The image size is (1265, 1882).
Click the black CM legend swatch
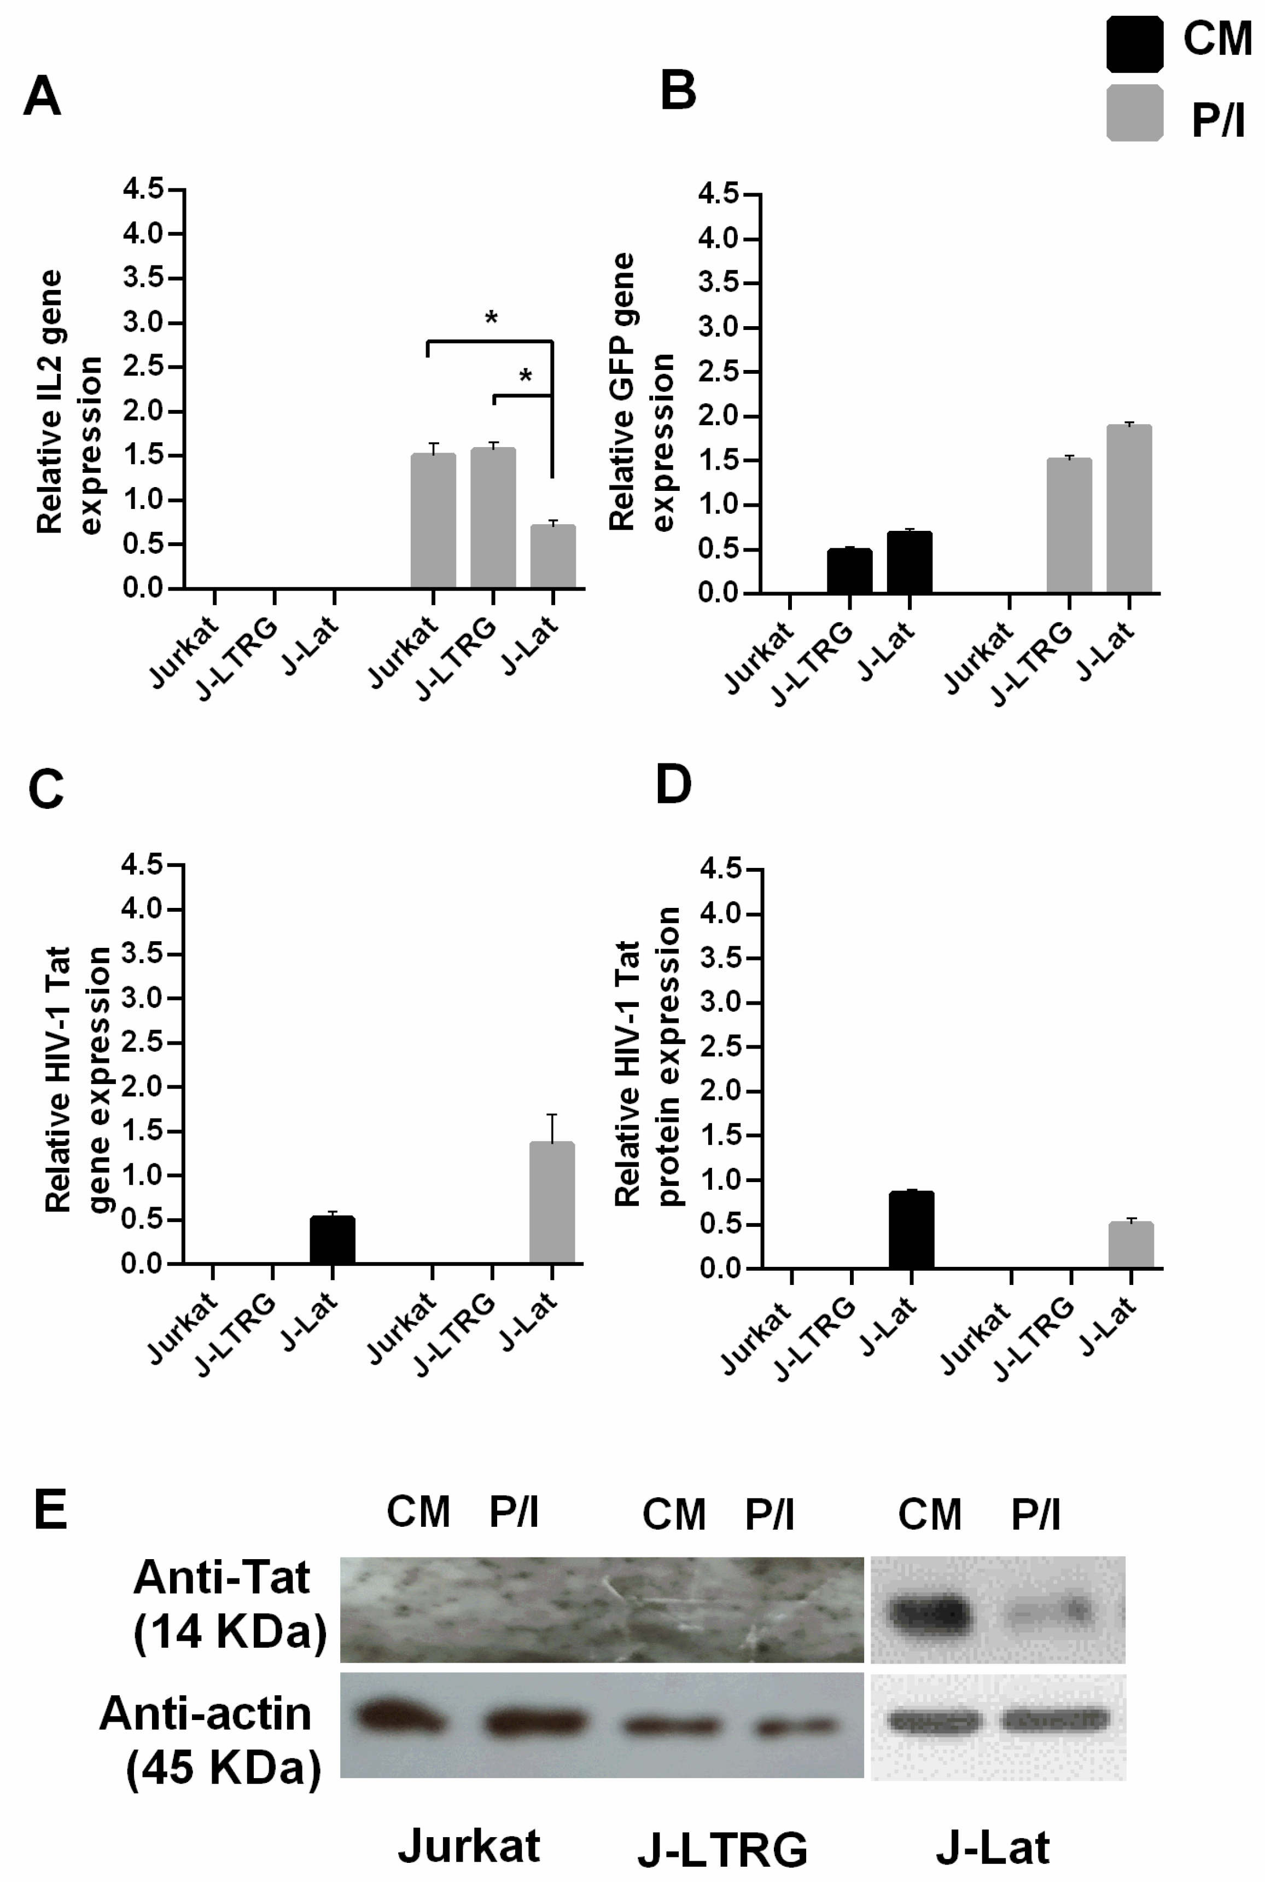coord(1134,44)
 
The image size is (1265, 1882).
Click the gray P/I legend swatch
coord(1134,113)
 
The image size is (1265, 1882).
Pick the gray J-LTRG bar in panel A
coord(493,517)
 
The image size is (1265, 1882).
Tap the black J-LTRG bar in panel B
coord(849,571)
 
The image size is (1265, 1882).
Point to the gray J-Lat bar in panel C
coord(552,1202)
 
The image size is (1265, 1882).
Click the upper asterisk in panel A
coord(491,318)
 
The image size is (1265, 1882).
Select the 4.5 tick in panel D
coord(720,869)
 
